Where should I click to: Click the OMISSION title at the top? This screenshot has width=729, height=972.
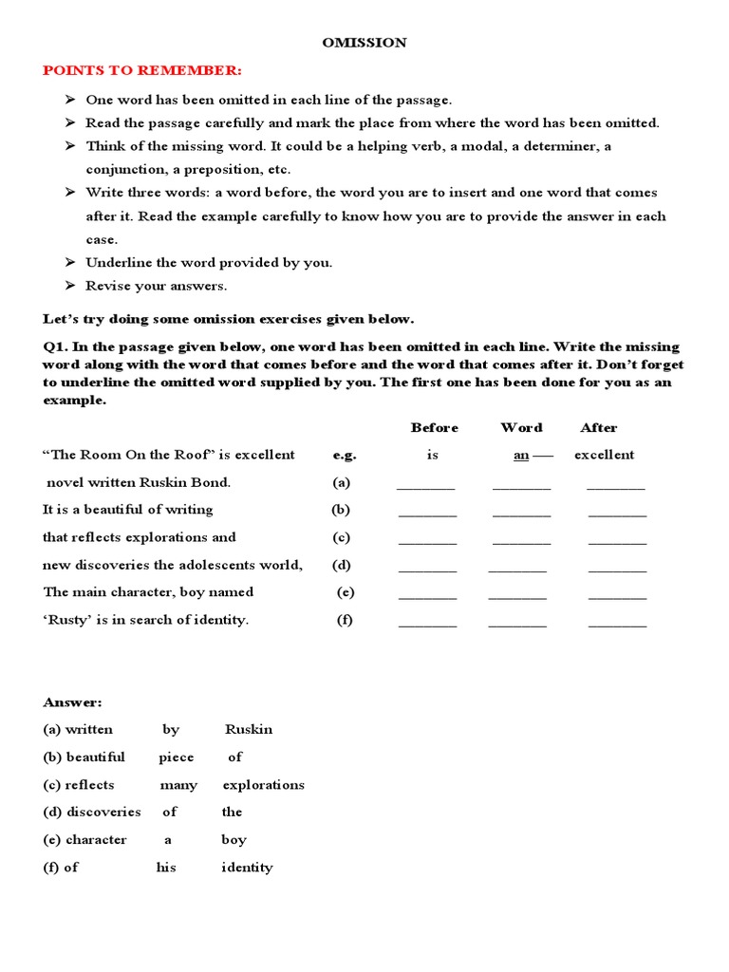[365, 43]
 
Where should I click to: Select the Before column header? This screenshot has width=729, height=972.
[434, 428]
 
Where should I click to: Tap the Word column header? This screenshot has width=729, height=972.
[521, 428]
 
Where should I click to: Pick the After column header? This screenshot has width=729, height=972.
[598, 428]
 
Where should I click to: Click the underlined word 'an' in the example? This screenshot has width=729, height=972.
[521, 455]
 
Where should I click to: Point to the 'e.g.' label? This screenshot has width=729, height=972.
[345, 455]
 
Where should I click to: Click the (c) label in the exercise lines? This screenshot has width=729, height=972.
[341, 537]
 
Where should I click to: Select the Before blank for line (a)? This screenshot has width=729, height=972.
[426, 486]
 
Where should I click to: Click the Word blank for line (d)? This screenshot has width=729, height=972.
[517, 570]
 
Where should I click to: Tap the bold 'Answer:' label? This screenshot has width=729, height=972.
[72, 702]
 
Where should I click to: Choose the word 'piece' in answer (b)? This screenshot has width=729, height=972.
[176, 757]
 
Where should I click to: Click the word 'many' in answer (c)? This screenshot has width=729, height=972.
[178, 785]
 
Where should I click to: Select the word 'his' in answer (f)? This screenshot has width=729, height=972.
[166, 868]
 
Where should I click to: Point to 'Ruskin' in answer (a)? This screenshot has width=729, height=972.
[248, 730]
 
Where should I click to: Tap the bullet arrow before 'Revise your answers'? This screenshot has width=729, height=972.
[70, 286]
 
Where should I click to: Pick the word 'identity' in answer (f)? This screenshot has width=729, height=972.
[247, 868]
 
